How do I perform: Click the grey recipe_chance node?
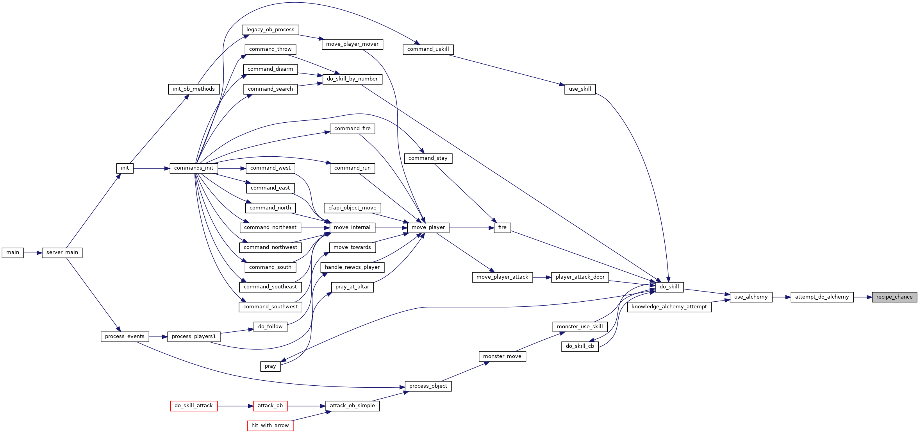point(894,297)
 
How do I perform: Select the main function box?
point(12,252)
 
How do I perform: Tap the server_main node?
point(62,252)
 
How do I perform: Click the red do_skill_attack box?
point(194,406)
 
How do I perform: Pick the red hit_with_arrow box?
point(270,426)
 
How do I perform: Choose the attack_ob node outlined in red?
point(270,406)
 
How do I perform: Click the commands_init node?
point(194,168)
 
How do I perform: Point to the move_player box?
point(428,227)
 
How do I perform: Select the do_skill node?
point(669,287)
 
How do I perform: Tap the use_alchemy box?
point(751,297)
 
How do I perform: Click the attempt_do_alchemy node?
point(822,297)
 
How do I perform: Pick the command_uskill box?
point(428,49)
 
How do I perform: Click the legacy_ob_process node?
point(270,30)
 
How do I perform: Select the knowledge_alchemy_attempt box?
point(669,307)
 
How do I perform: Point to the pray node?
point(270,366)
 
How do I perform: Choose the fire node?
point(502,227)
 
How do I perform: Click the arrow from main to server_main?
point(33,253)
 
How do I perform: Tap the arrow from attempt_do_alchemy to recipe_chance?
point(863,297)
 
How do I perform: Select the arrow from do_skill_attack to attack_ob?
point(235,406)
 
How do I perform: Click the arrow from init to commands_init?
point(152,168)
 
